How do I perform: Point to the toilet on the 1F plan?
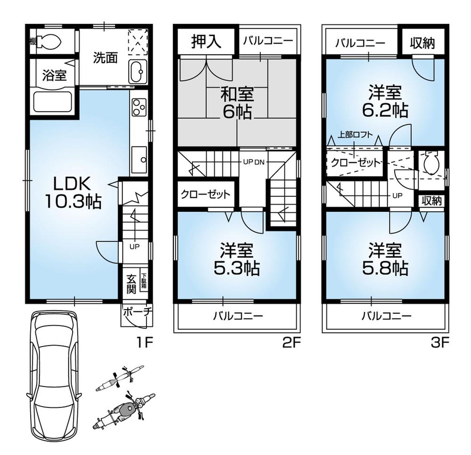(49, 42)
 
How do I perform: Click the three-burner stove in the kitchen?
(138, 107)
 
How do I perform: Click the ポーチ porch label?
(134, 311)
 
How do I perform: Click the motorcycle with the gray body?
(125, 411)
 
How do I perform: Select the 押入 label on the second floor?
(206, 42)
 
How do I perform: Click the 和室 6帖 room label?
(238, 103)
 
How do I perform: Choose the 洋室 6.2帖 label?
(385, 101)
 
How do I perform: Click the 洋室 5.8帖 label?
(385, 259)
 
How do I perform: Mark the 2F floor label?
(291, 343)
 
